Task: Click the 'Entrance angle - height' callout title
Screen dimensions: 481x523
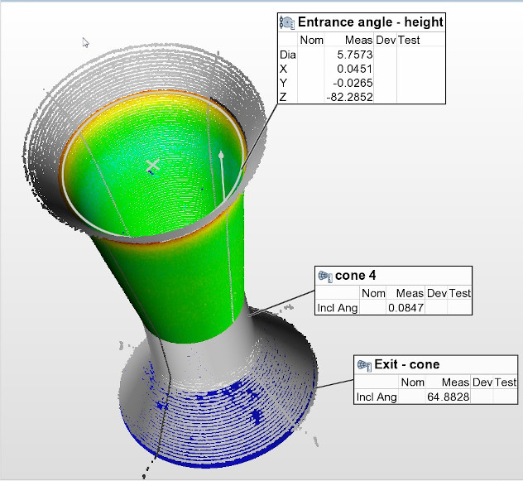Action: (x=370, y=22)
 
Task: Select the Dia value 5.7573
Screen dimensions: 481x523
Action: (x=353, y=54)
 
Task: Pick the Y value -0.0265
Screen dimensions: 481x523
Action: (x=355, y=83)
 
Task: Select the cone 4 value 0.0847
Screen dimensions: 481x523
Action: (x=405, y=308)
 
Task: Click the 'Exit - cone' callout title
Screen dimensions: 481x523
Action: (x=407, y=364)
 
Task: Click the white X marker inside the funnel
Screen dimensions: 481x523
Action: (x=152, y=166)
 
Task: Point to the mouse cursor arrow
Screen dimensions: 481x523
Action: (x=85, y=41)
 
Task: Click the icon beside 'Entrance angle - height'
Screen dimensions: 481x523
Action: (x=287, y=22)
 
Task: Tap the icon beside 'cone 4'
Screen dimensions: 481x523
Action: (x=325, y=276)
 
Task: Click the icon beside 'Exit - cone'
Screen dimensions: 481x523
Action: (x=363, y=364)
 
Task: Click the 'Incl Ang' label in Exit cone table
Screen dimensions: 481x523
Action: (x=376, y=397)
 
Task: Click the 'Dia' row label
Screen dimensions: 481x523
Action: (x=287, y=54)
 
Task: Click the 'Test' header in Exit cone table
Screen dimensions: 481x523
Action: (x=505, y=382)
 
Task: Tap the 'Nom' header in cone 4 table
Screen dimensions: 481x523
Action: (x=374, y=293)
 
